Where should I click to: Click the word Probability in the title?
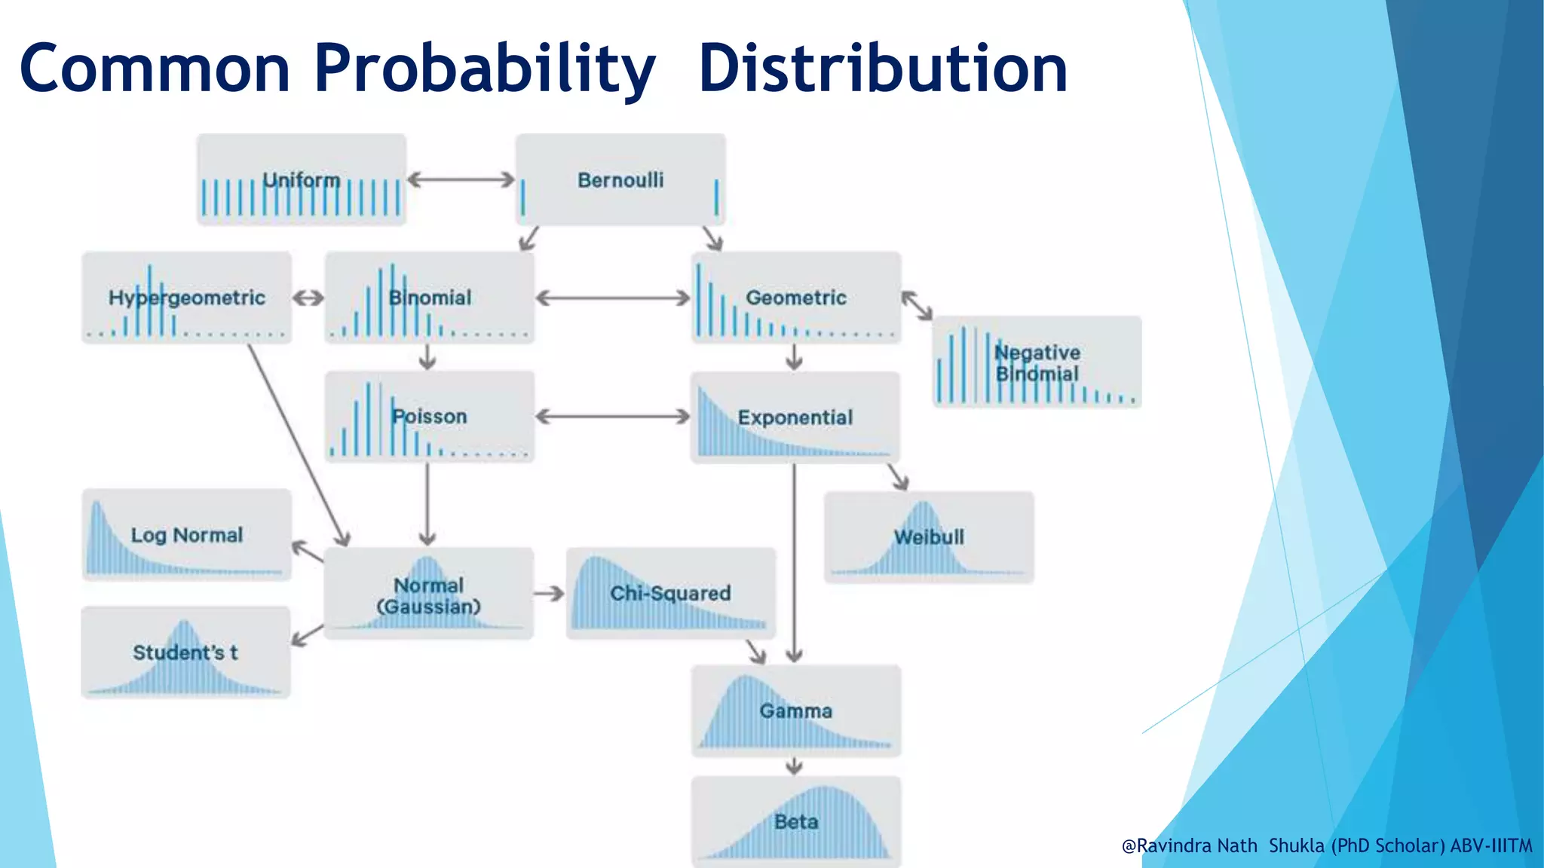[x=484, y=69]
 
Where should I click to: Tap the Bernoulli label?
[x=620, y=180]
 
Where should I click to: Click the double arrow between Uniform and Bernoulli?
[x=461, y=179]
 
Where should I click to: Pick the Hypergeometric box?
[x=186, y=298]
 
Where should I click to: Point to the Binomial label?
[x=430, y=298]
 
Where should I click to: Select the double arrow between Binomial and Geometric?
[x=612, y=298]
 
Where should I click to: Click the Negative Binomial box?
[x=1037, y=362]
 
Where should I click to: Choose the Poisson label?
[x=430, y=416]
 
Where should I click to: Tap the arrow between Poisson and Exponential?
[x=612, y=417]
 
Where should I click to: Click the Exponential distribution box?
[x=795, y=417]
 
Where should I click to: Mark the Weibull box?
[x=929, y=537]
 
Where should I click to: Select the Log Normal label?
[x=187, y=535]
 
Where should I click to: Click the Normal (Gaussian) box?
[x=429, y=594]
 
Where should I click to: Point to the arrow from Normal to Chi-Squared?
[x=549, y=594]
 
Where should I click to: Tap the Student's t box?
[x=185, y=653]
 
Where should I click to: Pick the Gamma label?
[x=795, y=711]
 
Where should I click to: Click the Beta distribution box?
[x=796, y=821]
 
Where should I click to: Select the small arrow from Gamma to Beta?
[x=794, y=766]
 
